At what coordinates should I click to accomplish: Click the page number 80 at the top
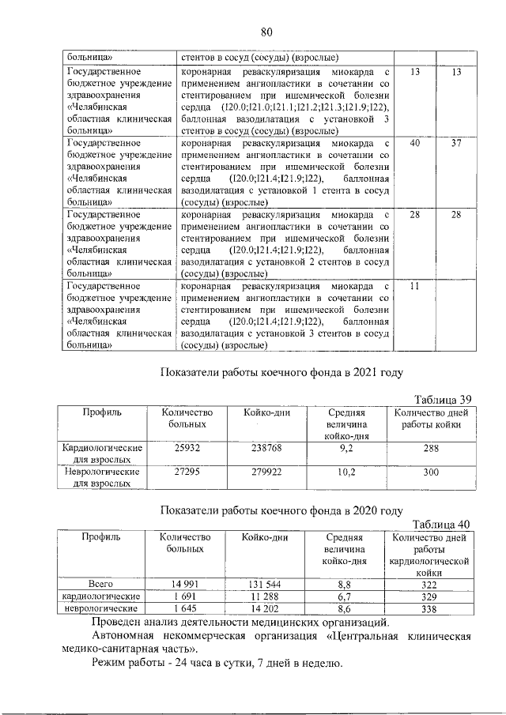tap(266, 32)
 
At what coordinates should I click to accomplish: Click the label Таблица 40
tap(443, 525)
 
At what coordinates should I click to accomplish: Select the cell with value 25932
tap(187, 448)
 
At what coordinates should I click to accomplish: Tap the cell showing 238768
tap(262, 448)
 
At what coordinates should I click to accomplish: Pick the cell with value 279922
tap(262, 472)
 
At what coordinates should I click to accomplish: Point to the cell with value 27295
tap(187, 472)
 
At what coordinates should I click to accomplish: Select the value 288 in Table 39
tap(430, 448)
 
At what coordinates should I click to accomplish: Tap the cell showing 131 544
tap(261, 584)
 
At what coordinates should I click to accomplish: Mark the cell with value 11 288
tap(261, 596)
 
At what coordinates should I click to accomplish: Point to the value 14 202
tap(261, 609)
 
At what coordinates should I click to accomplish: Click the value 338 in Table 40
tap(430, 609)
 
